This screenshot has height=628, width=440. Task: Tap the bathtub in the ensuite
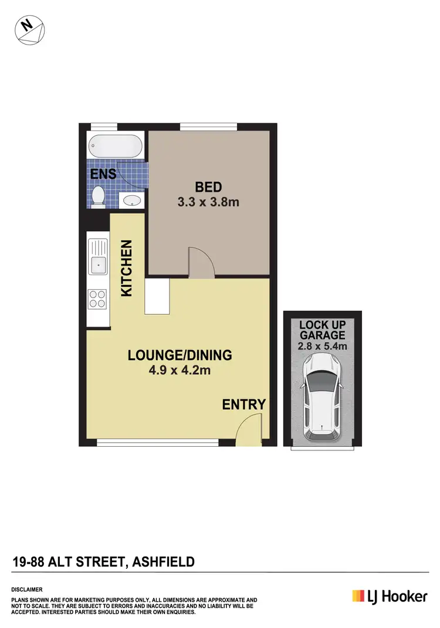[115, 145]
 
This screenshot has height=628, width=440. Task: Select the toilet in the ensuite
[99, 196]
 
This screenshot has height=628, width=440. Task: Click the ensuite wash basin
[131, 201]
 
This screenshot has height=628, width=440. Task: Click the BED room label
[208, 188]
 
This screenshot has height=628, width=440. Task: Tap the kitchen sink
[98, 264]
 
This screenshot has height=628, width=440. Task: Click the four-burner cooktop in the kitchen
[97, 299]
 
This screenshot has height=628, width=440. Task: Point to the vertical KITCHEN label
[127, 269]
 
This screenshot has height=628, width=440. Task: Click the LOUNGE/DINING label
[180, 355]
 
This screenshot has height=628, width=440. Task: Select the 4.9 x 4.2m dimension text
[180, 370]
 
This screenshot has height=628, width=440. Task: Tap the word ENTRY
[243, 404]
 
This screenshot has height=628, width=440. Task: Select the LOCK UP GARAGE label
[322, 330]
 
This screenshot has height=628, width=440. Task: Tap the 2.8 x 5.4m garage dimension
[322, 346]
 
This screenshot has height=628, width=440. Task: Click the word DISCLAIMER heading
[27, 588]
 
